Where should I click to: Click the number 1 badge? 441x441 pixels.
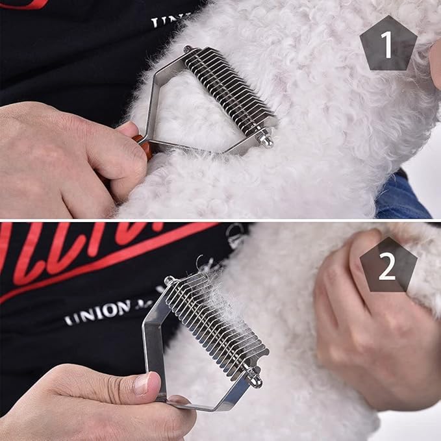(x=388, y=44)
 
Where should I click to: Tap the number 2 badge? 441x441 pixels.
(x=388, y=266)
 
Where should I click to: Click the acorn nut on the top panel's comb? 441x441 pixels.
(x=265, y=138)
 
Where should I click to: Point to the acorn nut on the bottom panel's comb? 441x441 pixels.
(x=255, y=377)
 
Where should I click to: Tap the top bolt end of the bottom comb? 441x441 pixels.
(x=170, y=280)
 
